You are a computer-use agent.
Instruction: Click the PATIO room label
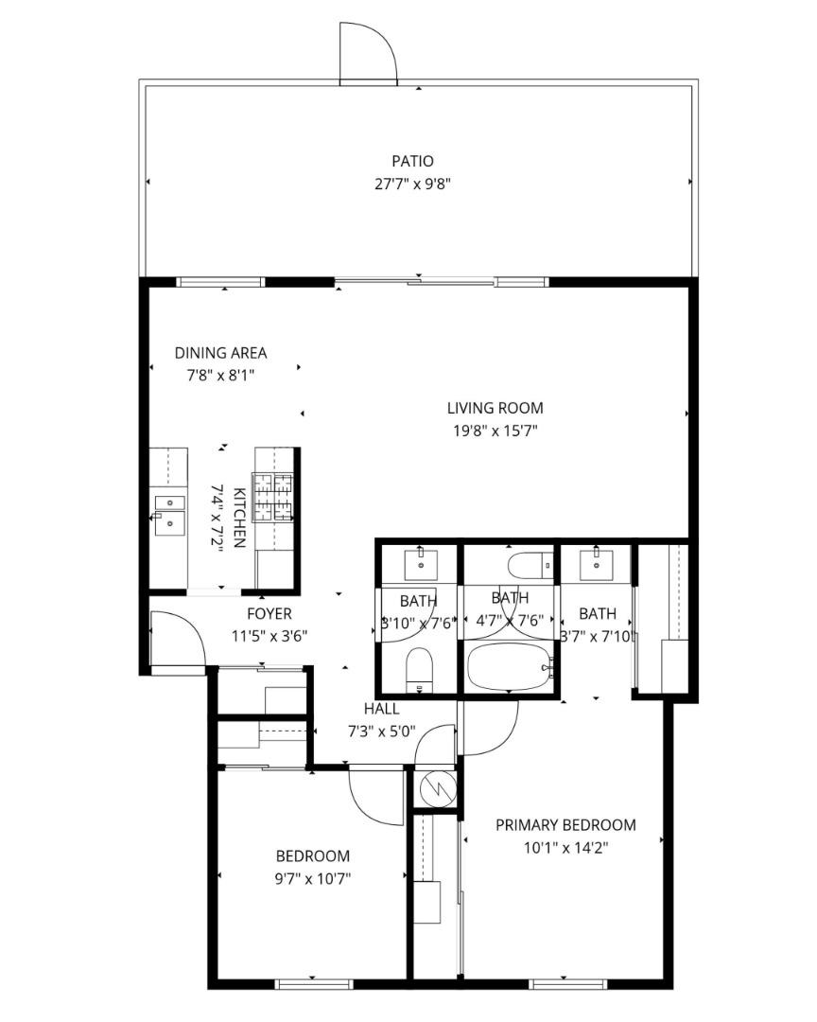(412, 162)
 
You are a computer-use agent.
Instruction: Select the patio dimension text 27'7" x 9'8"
(412, 184)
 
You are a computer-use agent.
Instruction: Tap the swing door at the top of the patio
(367, 55)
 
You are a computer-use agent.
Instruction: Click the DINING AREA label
(220, 353)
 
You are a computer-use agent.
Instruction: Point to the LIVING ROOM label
(495, 408)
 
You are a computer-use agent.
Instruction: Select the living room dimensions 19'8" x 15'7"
(495, 432)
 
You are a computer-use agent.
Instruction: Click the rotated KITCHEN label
(239, 518)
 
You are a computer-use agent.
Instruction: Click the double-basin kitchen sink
(169, 511)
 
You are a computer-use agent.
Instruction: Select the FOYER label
(269, 613)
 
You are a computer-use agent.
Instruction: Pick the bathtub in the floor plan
(511, 668)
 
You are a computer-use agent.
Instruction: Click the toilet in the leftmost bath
(418, 669)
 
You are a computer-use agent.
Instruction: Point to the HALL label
(381, 708)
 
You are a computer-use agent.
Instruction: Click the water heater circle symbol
(437, 786)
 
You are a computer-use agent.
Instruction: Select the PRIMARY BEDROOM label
(565, 824)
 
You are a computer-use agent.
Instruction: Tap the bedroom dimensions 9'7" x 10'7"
(312, 878)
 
